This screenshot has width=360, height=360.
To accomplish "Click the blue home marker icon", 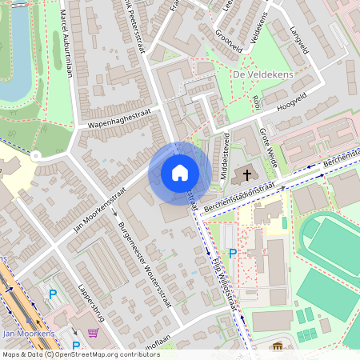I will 180,172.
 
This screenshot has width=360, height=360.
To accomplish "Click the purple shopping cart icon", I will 94,333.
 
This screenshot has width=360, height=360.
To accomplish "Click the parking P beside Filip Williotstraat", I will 233,253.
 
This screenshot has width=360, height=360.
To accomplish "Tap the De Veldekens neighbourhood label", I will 260,74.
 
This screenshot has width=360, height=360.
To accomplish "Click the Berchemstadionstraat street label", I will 245,197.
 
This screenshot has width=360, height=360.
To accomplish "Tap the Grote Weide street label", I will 269,145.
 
